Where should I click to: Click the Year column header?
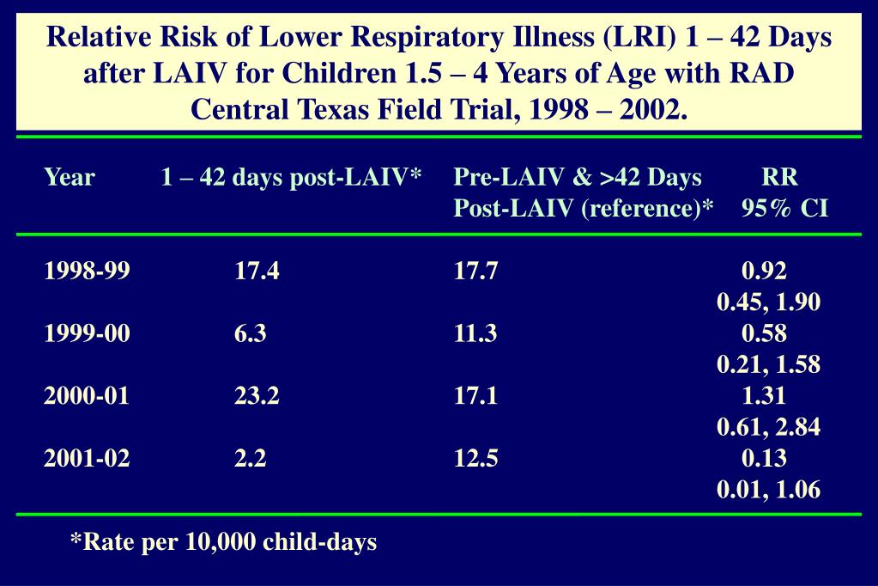[x=70, y=178]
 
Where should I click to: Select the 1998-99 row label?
[x=88, y=272]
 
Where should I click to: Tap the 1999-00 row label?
[x=88, y=334]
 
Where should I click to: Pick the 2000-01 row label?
[x=88, y=397]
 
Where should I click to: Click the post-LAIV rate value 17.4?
[x=257, y=272]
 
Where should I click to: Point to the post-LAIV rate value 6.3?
[x=251, y=334]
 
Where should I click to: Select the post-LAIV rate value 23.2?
[x=257, y=397]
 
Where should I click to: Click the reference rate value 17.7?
[x=476, y=272]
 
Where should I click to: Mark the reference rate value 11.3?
[x=476, y=334]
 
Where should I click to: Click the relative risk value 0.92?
[x=764, y=272]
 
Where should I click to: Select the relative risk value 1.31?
[x=764, y=397]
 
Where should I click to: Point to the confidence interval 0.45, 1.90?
[x=768, y=302]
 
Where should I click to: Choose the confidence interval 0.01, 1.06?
[x=768, y=491]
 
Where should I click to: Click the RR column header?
[x=779, y=178]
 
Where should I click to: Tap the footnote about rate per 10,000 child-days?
[x=223, y=542]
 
